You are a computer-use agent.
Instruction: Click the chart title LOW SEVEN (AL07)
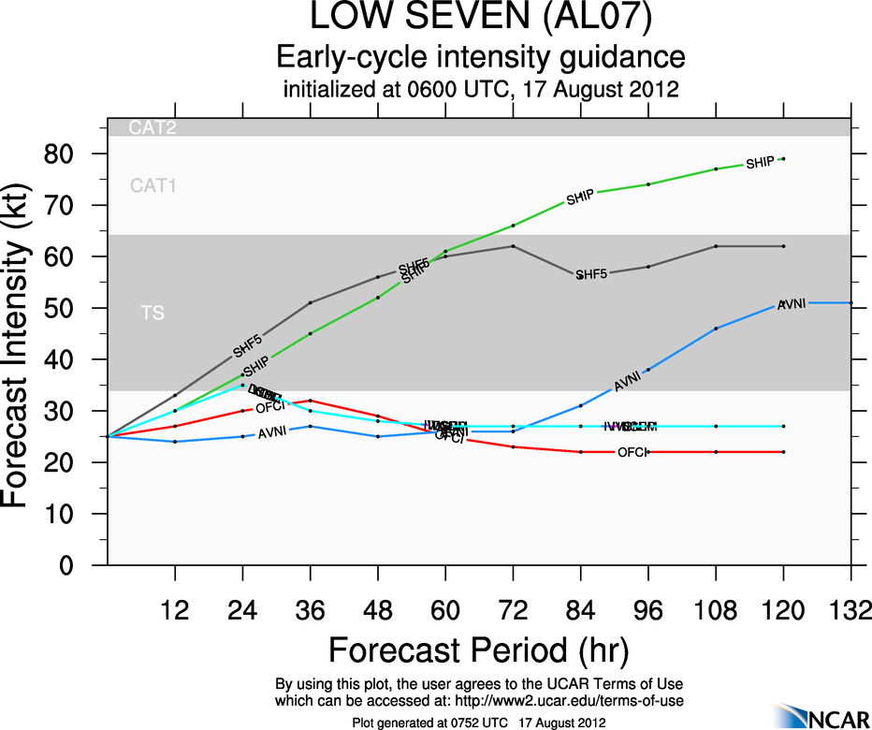481,19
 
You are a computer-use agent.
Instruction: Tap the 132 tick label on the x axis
850,610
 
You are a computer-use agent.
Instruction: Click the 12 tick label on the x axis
175,610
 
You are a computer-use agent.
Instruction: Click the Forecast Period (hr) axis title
479,650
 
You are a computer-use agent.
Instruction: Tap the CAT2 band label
153,128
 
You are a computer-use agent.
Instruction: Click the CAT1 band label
153,185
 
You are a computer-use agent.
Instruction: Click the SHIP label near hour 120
760,164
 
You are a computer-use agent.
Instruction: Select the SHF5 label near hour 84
591,274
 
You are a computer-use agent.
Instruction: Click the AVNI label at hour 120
792,304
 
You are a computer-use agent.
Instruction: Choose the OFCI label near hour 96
633,453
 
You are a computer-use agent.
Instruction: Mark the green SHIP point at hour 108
716,169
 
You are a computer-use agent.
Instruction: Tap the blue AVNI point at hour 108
716,328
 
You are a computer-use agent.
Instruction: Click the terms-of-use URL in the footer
574,700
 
